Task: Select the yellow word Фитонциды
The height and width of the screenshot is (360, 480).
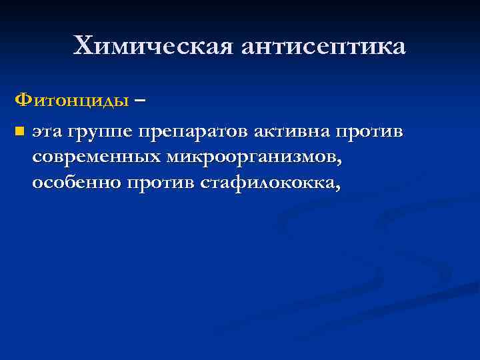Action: (72, 101)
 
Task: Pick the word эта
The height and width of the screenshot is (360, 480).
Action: (49, 131)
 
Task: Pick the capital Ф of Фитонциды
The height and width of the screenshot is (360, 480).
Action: (23, 101)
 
